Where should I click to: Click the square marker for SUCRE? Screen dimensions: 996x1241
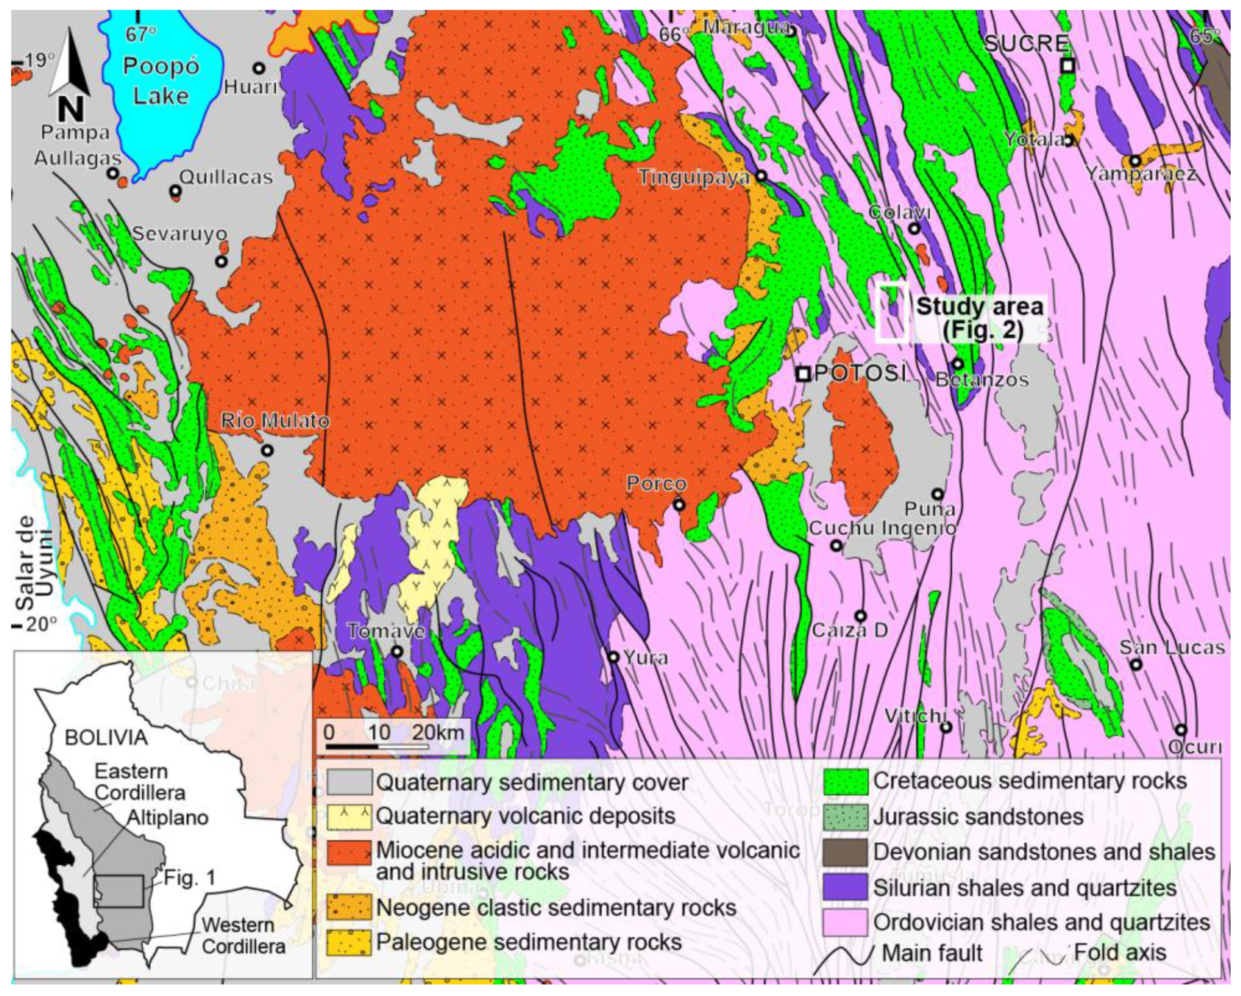pos(1067,66)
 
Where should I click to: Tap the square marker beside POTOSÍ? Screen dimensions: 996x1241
pos(803,374)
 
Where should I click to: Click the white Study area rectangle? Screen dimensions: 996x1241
pos(892,313)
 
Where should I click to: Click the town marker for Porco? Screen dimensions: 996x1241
pos(680,505)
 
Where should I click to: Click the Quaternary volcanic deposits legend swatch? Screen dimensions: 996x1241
pos(349,817)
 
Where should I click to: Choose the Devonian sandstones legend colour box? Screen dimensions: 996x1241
pos(845,853)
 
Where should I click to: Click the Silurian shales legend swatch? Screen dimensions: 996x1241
pos(845,888)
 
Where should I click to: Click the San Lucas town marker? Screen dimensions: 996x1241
pos(1135,664)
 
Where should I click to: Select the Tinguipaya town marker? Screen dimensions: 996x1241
pos(761,175)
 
